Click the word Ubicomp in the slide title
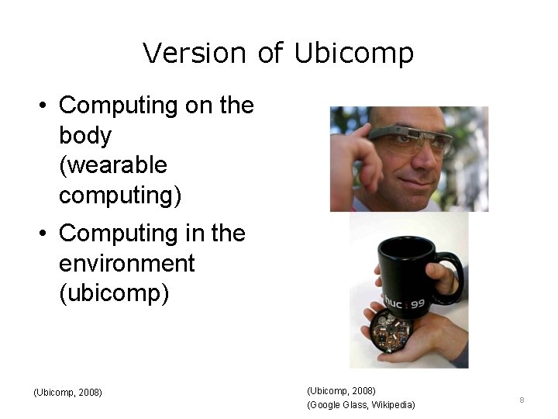point(354,54)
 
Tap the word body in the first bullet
point(85,135)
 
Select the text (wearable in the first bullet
point(113,165)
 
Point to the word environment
point(126,263)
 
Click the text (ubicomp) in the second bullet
point(113,294)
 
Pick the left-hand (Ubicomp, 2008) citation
point(68,392)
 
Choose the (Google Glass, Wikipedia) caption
point(361,405)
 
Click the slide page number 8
point(522,400)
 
